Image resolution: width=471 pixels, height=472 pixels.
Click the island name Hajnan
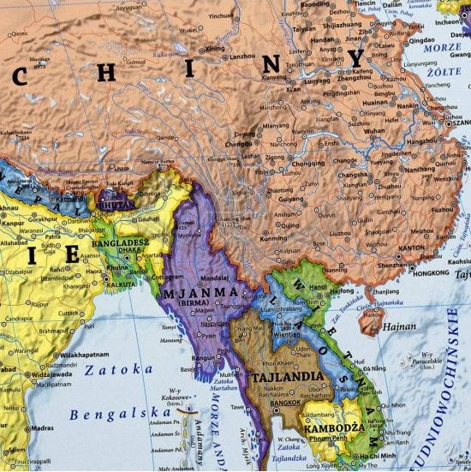tap(400, 326)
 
